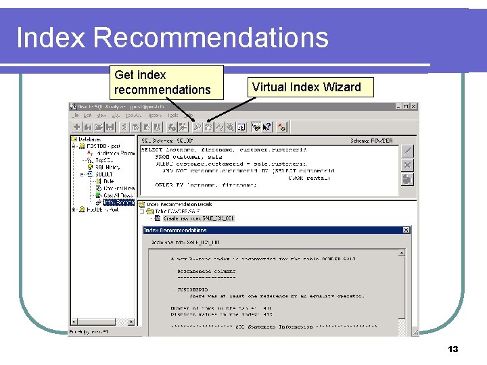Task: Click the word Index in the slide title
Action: tap(51, 38)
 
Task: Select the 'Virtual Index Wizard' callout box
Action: tap(306, 87)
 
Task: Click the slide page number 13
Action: tap(453, 349)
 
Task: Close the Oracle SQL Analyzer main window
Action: tap(414, 107)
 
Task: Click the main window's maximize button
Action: tap(406, 107)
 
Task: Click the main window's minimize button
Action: tap(398, 107)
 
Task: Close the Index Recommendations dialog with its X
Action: tap(405, 230)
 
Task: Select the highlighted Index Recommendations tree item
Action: tap(119, 202)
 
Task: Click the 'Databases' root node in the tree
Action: tap(89, 140)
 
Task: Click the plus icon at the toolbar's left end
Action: tap(77, 126)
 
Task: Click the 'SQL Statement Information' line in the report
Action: tap(274, 326)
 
